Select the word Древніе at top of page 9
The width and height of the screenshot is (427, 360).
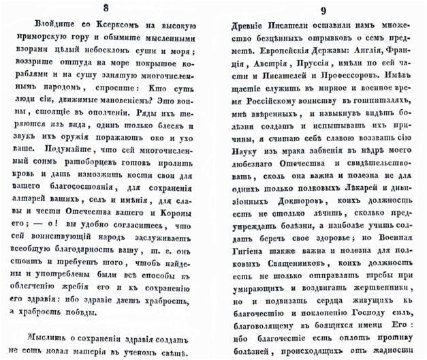click(x=242, y=29)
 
